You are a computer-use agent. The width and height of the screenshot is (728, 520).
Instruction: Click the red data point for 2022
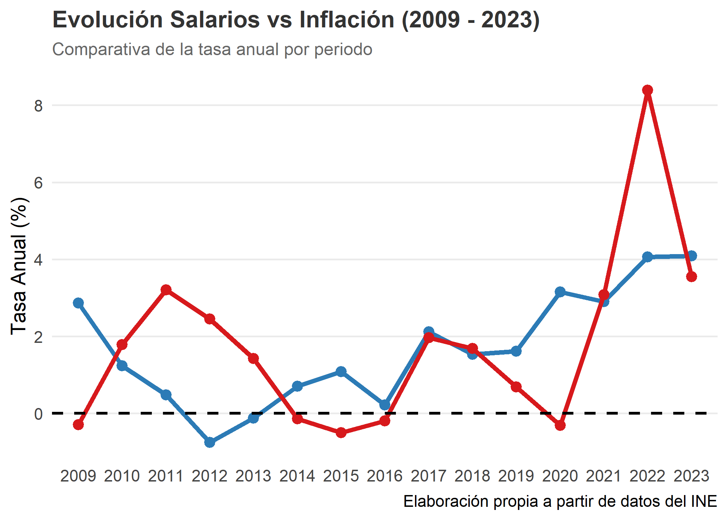pyautogui.click(x=647, y=90)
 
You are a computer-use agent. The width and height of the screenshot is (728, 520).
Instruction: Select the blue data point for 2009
pyautogui.click(x=78, y=303)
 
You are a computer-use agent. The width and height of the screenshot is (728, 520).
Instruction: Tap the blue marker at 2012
pyautogui.click(x=210, y=442)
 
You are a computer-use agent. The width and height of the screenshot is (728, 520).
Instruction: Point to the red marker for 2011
pyautogui.click(x=166, y=290)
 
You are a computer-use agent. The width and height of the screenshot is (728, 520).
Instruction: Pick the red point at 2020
pyautogui.click(x=560, y=425)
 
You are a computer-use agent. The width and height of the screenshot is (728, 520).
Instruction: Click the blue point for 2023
pyautogui.click(x=692, y=256)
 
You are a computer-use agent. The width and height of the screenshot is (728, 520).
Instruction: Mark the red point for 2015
pyautogui.click(x=341, y=433)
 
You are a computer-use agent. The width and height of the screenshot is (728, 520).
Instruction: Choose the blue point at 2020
pyautogui.click(x=560, y=292)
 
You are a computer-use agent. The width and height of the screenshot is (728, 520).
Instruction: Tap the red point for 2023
pyautogui.click(x=692, y=277)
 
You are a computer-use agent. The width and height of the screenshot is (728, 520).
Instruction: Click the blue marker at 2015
pyautogui.click(x=341, y=372)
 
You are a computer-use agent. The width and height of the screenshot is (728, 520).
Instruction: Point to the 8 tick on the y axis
pyautogui.click(x=38, y=106)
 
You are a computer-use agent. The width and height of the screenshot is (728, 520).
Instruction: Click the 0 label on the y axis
pyautogui.click(x=38, y=414)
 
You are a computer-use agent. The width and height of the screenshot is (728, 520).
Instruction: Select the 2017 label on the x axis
pyautogui.click(x=429, y=476)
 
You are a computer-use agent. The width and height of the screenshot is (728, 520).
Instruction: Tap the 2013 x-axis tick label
pyautogui.click(x=253, y=476)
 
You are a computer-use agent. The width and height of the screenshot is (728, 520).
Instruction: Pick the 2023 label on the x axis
pyautogui.click(x=692, y=476)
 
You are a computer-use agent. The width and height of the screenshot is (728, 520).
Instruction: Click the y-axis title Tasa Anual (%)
pyautogui.click(x=19, y=266)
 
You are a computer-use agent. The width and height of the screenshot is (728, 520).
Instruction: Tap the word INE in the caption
pyautogui.click(x=704, y=502)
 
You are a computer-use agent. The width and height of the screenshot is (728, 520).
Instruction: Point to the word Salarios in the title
pyautogui.click(x=215, y=20)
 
